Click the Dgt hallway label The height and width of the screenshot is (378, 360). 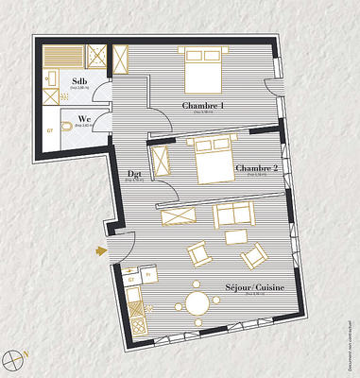pyautogui.click(x=135, y=174)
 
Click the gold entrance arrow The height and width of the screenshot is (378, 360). pyautogui.click(x=100, y=251)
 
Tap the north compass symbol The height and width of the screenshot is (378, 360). pyautogui.click(x=15, y=357)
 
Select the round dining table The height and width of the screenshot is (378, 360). pyautogui.click(x=197, y=303)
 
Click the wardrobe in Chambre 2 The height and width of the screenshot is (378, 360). pyautogui.click(x=161, y=159)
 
